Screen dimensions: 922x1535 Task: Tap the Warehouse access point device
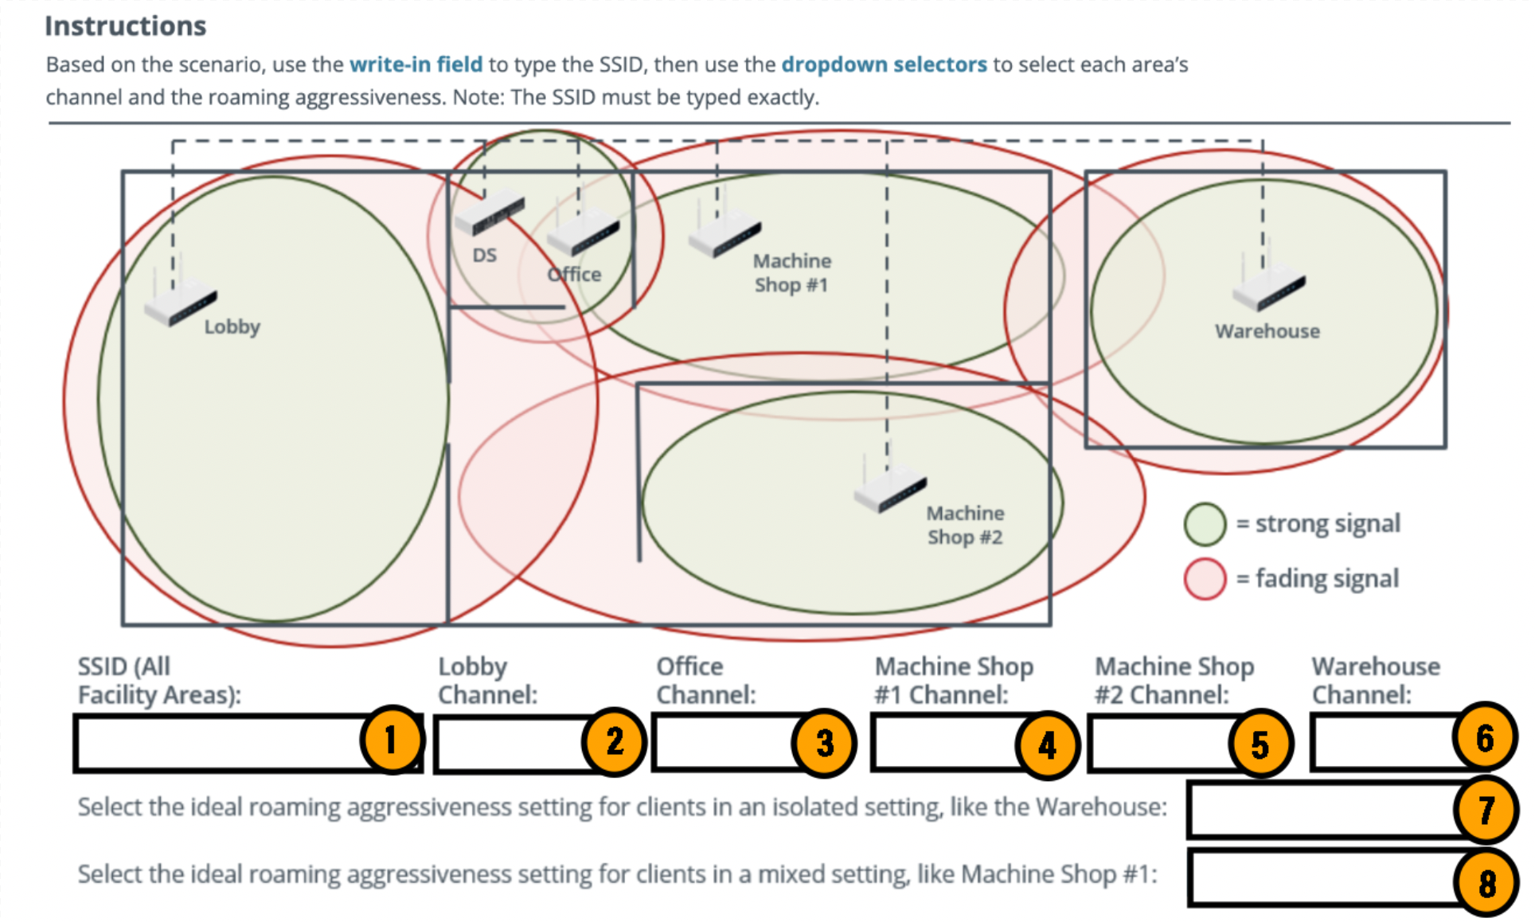pos(1268,291)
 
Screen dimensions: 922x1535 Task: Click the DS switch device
pos(490,213)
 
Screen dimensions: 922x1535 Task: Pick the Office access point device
pos(584,235)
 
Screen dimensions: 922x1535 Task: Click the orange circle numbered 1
pos(391,740)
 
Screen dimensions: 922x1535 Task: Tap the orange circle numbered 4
pos(1047,745)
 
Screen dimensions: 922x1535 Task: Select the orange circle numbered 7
pos(1486,811)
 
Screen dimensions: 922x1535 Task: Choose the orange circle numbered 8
pos(1486,883)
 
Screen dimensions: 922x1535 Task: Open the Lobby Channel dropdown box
pos(510,744)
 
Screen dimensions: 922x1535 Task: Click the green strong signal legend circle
pos(1205,524)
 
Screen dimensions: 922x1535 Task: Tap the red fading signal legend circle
pos(1205,579)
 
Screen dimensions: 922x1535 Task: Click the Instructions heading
pos(125,26)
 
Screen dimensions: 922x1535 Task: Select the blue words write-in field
pos(416,64)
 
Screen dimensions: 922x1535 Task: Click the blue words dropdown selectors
pos(884,64)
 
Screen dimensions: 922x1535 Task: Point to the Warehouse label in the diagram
pos(1267,331)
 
